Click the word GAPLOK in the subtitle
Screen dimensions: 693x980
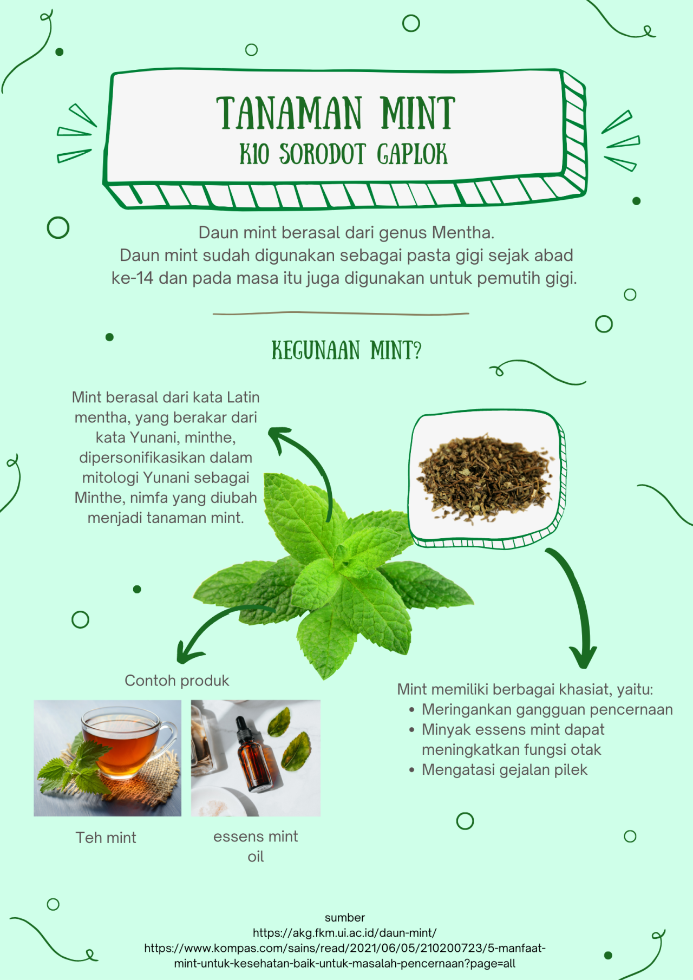[x=413, y=154]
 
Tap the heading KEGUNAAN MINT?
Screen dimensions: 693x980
[x=346, y=350]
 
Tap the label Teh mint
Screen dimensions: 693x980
[x=106, y=838]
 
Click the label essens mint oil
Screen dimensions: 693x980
[x=256, y=846]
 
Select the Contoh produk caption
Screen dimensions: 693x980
[x=177, y=681]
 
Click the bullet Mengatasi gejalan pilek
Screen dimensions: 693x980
[x=505, y=770]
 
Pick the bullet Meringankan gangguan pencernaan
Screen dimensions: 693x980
[x=547, y=710]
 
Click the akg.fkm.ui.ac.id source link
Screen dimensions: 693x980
[x=345, y=933]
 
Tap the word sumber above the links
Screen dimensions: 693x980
[x=345, y=918]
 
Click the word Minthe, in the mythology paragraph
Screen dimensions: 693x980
[x=100, y=498]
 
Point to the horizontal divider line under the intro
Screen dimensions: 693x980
[x=341, y=313]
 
